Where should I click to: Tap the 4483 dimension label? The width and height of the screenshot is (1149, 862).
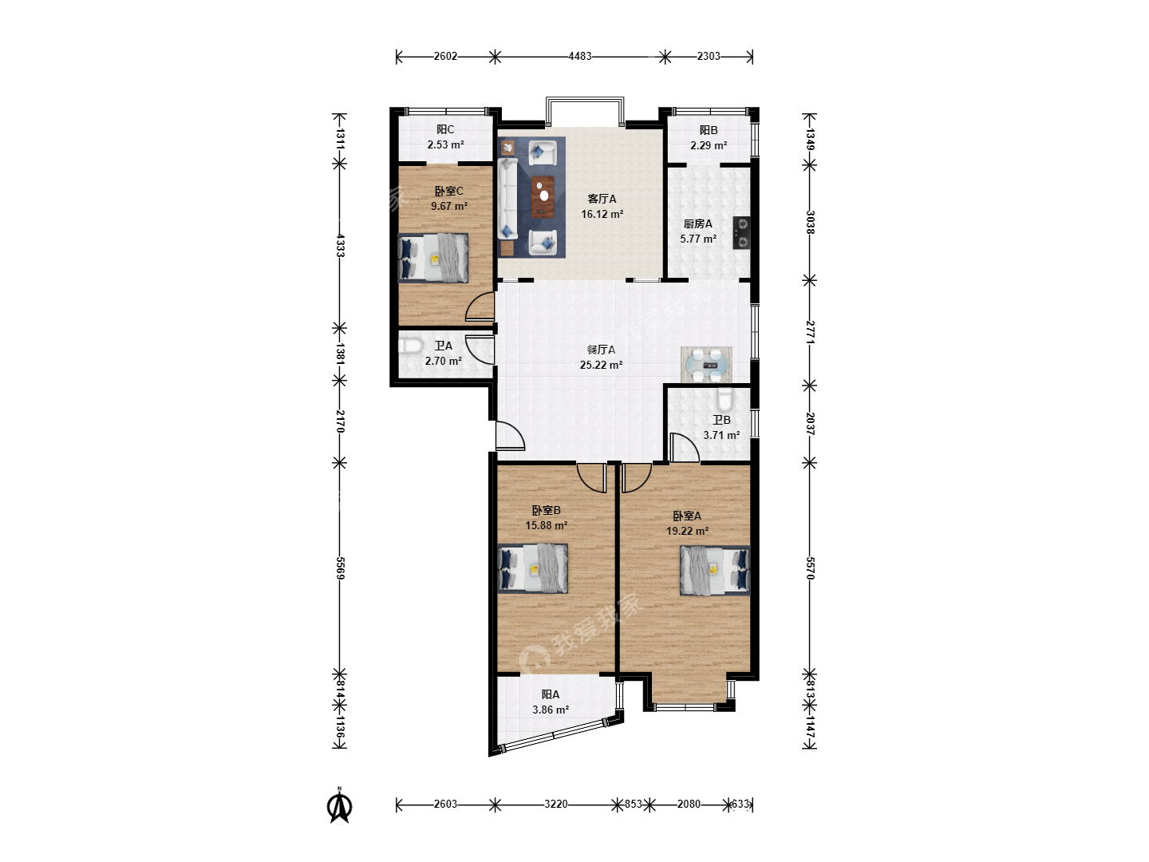(x=580, y=57)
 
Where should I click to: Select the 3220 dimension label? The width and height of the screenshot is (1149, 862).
(x=555, y=804)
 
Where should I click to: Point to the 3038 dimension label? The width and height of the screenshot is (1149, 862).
(x=810, y=223)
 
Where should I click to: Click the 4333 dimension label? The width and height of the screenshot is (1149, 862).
(x=340, y=246)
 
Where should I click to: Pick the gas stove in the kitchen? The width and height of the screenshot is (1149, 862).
(x=741, y=233)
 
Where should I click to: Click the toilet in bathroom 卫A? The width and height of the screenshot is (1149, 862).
(x=410, y=346)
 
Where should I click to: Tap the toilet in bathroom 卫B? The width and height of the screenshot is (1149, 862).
(x=725, y=399)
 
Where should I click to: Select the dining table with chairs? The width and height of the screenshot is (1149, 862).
(x=706, y=364)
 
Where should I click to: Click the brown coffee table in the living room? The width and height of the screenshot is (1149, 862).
(x=543, y=197)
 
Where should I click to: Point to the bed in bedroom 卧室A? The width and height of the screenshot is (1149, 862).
(x=714, y=571)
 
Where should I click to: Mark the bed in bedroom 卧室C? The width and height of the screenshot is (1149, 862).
(x=433, y=258)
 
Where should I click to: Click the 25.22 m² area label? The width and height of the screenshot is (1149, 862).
(x=601, y=365)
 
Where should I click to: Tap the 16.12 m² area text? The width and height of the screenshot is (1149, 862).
(x=602, y=214)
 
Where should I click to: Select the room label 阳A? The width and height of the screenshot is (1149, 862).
(x=551, y=694)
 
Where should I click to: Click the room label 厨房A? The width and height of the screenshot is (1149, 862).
(x=698, y=224)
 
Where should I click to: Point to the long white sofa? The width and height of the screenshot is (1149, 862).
(x=507, y=199)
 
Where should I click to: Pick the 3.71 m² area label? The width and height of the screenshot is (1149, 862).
(x=721, y=435)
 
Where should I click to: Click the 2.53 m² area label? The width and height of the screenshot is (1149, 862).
(x=445, y=144)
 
